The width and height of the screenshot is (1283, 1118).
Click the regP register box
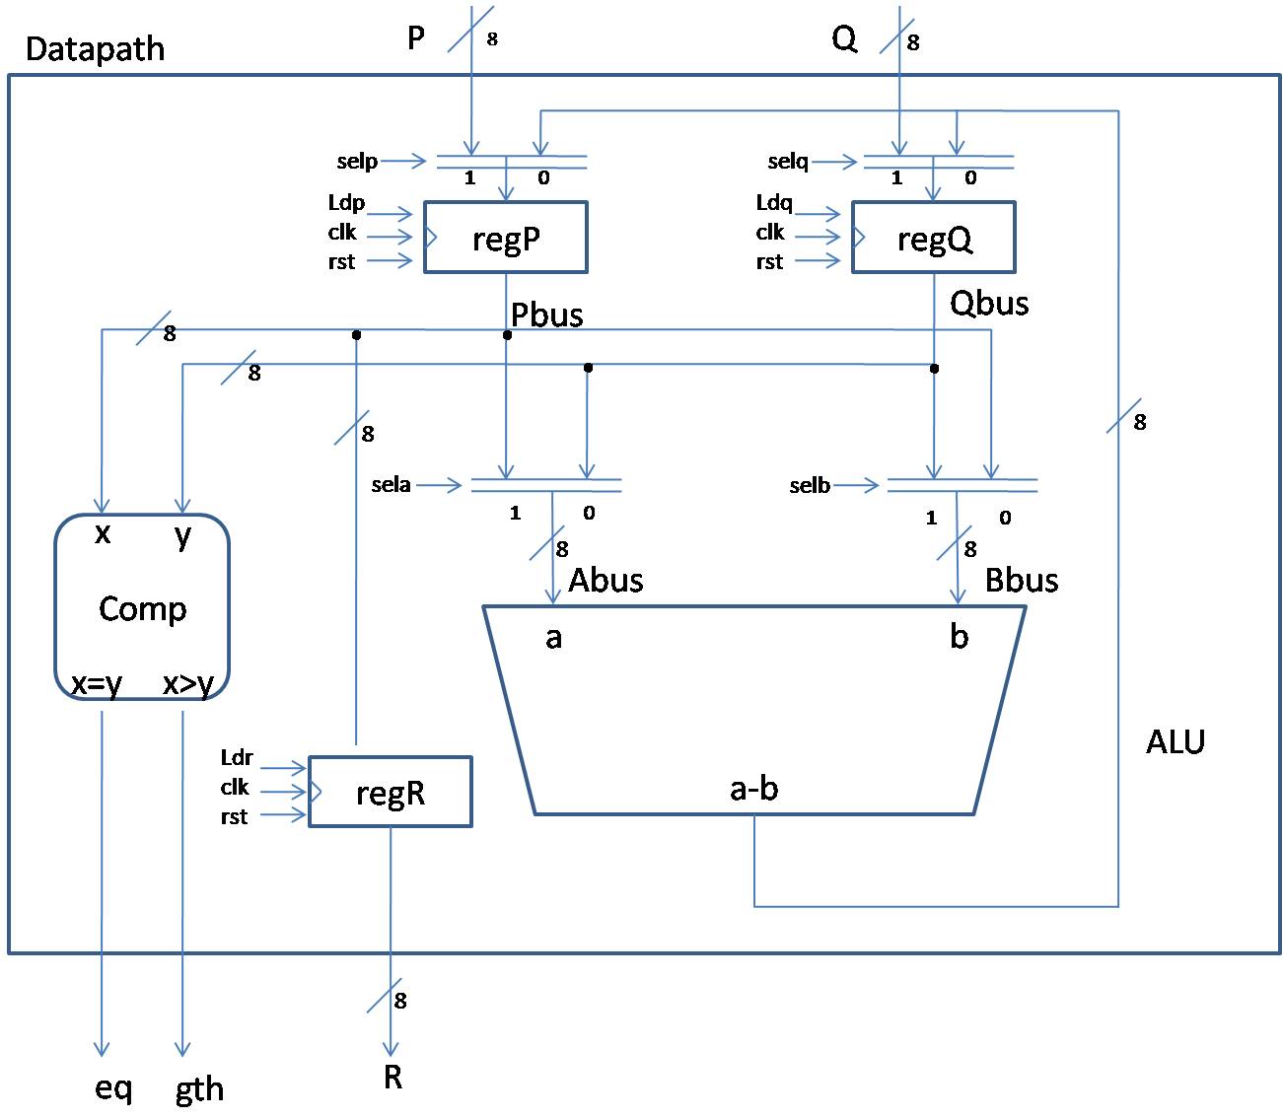[506, 238]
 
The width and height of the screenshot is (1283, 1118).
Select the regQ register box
[933, 238]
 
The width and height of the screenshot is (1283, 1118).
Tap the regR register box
[391, 792]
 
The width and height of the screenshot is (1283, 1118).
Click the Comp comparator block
[142, 607]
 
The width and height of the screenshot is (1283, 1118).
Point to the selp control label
[357, 162]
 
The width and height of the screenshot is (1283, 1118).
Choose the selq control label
[788, 162]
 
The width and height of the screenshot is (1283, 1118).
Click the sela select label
[391, 485]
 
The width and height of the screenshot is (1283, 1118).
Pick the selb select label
[810, 486]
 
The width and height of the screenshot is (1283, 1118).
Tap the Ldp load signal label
[346, 203]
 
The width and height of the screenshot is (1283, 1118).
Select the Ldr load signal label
[237, 758]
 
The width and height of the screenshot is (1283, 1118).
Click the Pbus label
[547, 314]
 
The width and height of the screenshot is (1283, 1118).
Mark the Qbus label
[989, 303]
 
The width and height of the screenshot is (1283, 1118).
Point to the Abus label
[606, 580]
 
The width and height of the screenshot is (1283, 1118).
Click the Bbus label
[1022, 580]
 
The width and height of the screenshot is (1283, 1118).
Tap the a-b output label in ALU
[754, 788]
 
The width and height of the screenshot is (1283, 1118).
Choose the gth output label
[199, 1089]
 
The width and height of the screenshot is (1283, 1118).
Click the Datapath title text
[95, 49]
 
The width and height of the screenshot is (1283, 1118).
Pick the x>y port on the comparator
[188, 683]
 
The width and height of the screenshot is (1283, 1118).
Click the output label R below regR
[392, 1078]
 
